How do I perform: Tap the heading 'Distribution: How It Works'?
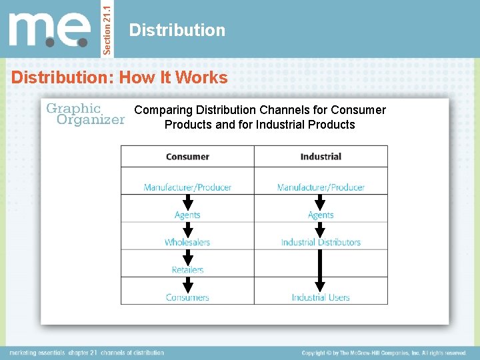point(119,77)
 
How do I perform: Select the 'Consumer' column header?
point(187,157)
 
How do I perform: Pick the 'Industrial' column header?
point(321,157)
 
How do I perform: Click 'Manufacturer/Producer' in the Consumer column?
point(187,187)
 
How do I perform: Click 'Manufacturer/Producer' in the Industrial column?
point(321,187)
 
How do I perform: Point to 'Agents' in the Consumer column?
point(187,215)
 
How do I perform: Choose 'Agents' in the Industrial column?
point(321,215)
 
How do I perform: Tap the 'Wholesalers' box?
point(187,243)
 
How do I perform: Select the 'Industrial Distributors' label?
point(321,243)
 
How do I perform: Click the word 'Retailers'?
point(187,270)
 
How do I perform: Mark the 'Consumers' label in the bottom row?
point(187,297)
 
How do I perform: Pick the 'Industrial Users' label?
point(321,297)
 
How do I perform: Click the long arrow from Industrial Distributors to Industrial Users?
point(321,270)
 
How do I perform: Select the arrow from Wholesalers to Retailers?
point(187,257)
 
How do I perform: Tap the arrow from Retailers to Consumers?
point(187,285)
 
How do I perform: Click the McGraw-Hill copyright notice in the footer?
point(383,353)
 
